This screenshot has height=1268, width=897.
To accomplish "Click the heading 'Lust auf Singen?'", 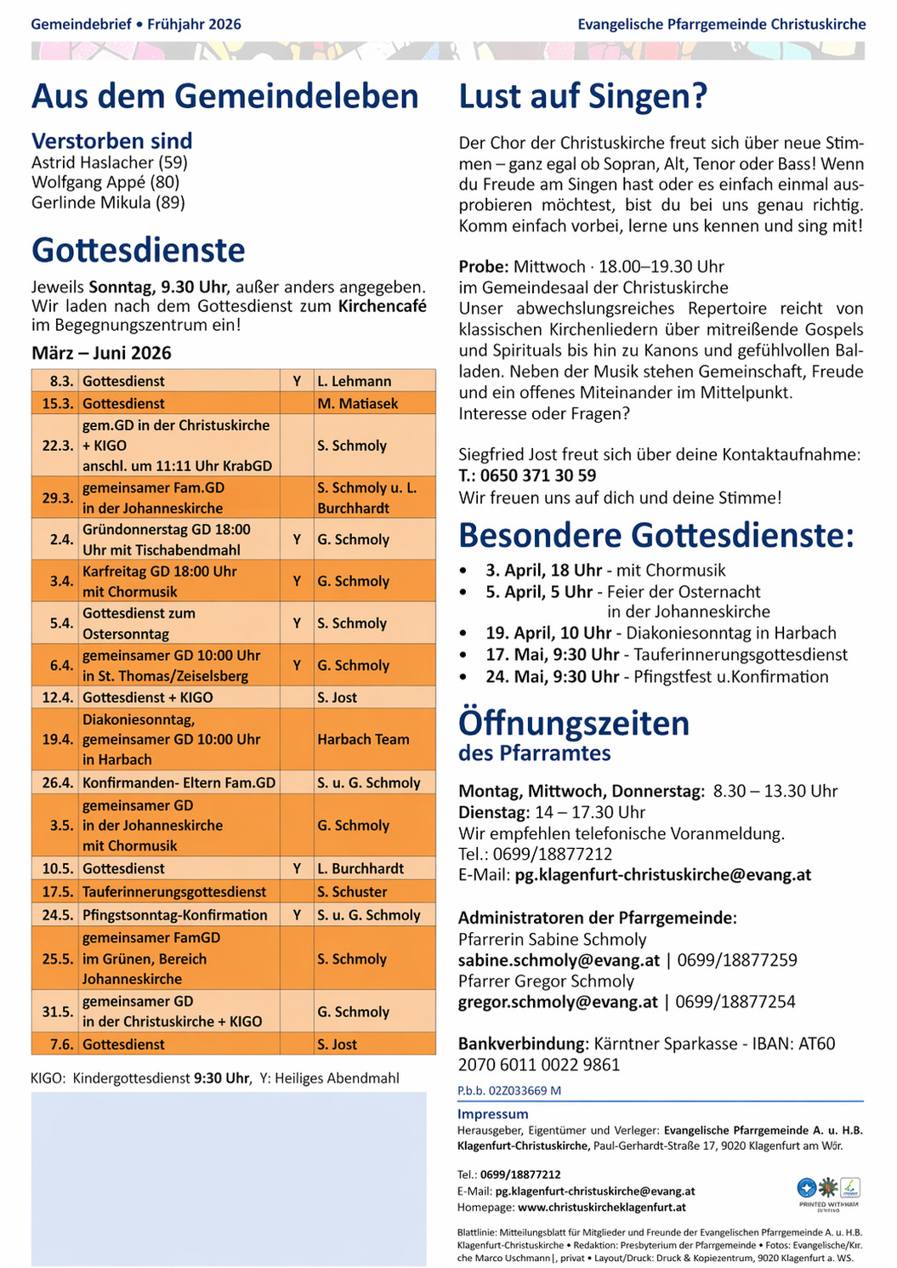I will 582,96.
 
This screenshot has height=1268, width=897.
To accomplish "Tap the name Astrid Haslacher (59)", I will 110,162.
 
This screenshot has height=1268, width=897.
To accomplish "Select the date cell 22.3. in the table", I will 57,446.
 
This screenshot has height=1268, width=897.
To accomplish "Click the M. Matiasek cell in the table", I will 357,404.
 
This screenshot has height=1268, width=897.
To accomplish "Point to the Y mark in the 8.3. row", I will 297,382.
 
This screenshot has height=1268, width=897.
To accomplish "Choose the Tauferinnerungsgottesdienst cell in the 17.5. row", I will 174,892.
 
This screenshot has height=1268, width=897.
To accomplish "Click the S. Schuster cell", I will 352,892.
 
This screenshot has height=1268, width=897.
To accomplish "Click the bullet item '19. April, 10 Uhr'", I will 548,633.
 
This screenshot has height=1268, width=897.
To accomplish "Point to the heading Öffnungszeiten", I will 574,724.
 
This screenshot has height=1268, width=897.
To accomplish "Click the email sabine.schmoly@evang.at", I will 559,960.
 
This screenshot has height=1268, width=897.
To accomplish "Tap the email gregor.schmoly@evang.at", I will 558,1002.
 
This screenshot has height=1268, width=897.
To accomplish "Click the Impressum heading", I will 492,1114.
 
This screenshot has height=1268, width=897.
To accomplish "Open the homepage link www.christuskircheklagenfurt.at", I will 601,1208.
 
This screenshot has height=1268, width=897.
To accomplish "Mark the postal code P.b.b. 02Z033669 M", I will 508,1090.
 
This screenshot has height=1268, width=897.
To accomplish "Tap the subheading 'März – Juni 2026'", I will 101,353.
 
